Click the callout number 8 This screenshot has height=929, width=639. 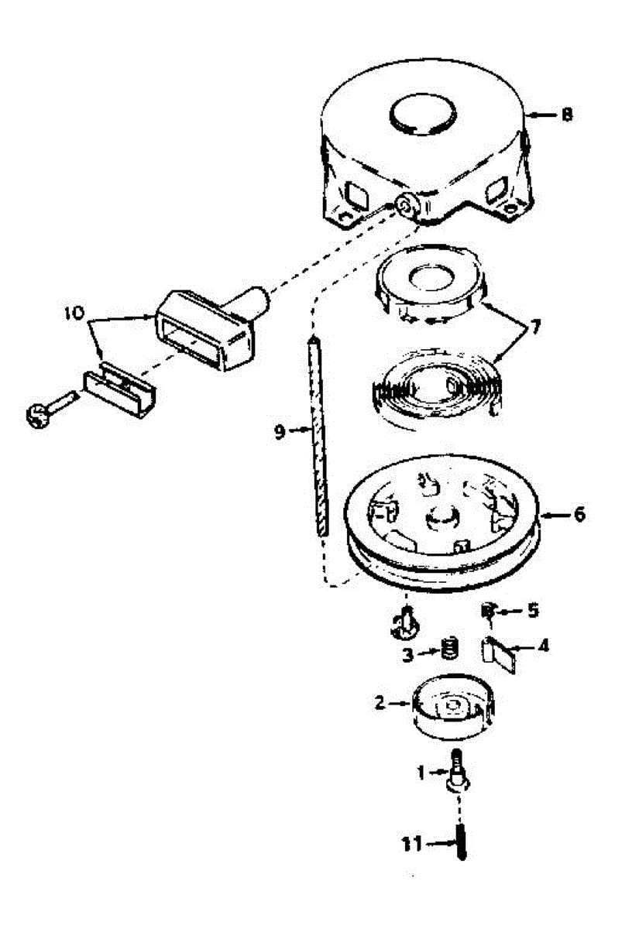pyautogui.click(x=567, y=115)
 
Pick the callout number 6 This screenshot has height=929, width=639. pyautogui.click(x=579, y=514)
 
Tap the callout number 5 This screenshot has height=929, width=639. pyautogui.click(x=532, y=611)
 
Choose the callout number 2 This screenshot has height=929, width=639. pyautogui.click(x=380, y=703)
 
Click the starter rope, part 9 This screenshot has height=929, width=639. pyautogui.click(x=318, y=434)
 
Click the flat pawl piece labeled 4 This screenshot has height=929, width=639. pyautogui.click(x=503, y=655)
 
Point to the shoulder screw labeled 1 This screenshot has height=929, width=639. pyautogui.click(x=457, y=774)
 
